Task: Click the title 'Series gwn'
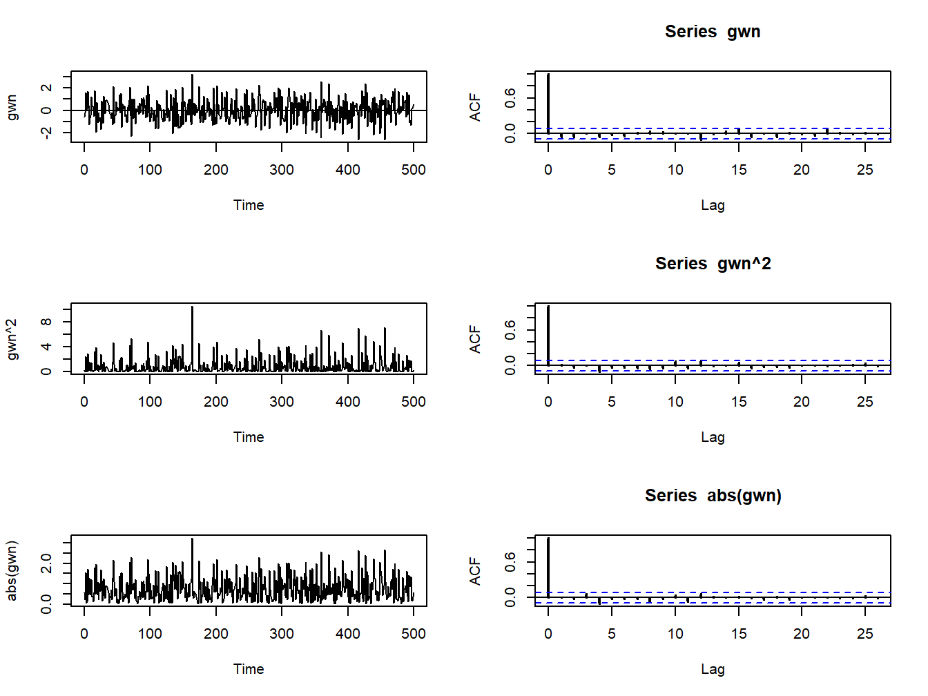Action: tap(713, 32)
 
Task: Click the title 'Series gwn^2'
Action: tap(713, 264)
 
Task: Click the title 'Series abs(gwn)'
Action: tap(713, 496)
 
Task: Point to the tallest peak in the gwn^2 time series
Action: tap(192, 309)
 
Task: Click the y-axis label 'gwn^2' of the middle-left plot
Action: tap(12, 339)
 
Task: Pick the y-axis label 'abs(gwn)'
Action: tap(12, 571)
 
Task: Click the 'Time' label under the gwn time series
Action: tap(249, 205)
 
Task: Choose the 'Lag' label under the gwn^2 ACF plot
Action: tap(713, 437)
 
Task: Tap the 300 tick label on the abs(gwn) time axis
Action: tap(282, 634)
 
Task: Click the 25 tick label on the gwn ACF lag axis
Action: tap(864, 170)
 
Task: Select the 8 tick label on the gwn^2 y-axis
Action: tap(46, 322)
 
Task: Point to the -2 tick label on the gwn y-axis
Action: tap(46, 133)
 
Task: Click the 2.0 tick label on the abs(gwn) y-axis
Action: tap(46, 563)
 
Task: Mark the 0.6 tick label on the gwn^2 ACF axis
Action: tap(510, 331)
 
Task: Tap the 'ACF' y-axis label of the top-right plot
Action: tap(475, 107)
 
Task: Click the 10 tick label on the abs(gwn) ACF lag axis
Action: tap(675, 634)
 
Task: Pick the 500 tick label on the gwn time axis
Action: tap(414, 170)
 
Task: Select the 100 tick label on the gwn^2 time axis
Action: tap(150, 402)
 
